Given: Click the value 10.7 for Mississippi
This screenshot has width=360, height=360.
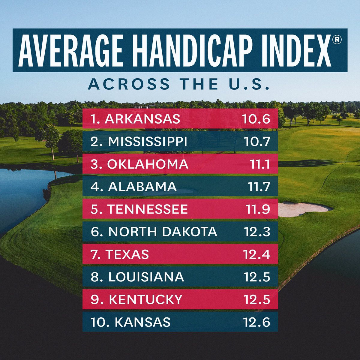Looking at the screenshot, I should click(256, 142).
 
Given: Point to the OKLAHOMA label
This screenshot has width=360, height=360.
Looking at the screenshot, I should click(148, 164).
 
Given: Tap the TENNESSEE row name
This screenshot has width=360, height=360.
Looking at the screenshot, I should click(148, 209).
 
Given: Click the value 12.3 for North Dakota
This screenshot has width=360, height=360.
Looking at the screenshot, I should click(256, 232).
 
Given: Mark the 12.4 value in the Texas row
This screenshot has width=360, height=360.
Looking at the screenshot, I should click(256, 254).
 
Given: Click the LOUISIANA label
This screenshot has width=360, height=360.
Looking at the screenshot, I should click(146, 277).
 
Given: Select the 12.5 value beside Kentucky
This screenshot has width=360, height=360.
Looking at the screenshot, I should click(256, 299).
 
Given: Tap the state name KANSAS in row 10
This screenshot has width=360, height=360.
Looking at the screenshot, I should click(143, 322).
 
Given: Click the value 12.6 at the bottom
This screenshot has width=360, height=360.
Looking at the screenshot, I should click(256, 322).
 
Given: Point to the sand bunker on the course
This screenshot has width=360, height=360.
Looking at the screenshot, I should click(304, 209).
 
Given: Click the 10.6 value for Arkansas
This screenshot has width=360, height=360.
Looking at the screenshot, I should click(256, 119).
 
